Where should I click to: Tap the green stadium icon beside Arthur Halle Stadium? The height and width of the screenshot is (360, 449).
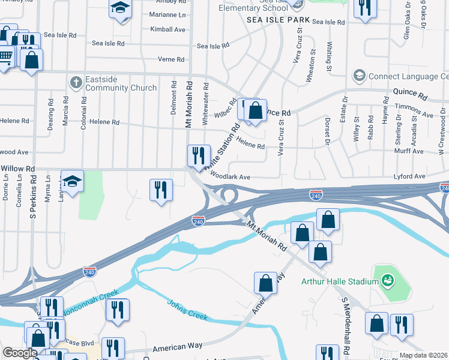point(388,280)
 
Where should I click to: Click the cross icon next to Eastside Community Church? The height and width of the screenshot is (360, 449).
point(76,82)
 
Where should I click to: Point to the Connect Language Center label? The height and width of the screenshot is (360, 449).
point(408,76)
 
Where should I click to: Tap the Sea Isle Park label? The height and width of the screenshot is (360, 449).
point(279,20)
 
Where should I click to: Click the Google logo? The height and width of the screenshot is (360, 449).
point(20,353)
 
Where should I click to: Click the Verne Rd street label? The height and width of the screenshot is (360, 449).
point(171,59)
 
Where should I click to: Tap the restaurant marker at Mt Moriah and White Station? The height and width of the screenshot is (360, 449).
point(197,156)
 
